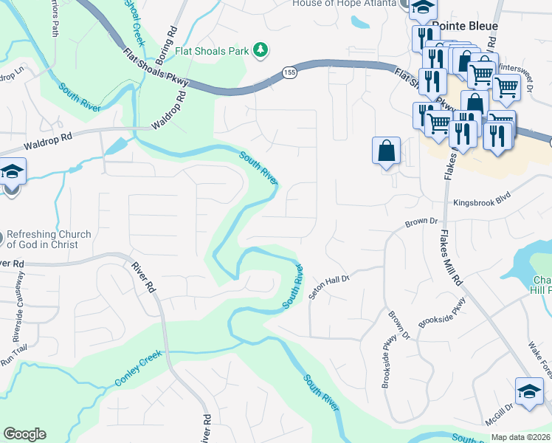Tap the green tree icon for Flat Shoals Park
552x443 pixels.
[x=259, y=50]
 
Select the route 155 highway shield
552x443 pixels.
[x=288, y=72]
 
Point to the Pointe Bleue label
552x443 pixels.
[x=465, y=26]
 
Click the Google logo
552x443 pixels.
[x=24, y=434]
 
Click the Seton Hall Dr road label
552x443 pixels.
[x=328, y=284]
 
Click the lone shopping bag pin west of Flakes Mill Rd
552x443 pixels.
[x=386, y=151]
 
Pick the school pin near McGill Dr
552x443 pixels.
[x=529, y=391]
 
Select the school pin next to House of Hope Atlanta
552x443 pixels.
[x=424, y=8]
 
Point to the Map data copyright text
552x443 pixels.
[x=521, y=436]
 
